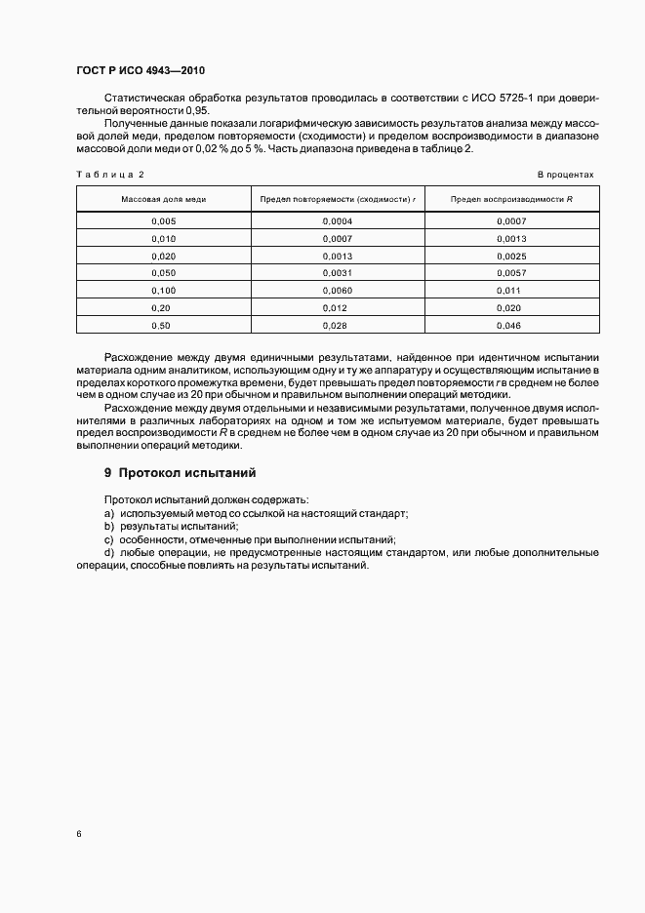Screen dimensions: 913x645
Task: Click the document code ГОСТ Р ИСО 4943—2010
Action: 141,71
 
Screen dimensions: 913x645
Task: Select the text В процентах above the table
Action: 566,175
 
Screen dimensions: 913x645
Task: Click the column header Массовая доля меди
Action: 163,199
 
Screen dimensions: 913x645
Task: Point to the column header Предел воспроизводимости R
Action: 510,199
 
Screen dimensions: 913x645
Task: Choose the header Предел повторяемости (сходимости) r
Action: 337,199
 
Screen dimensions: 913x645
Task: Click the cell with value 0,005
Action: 163,221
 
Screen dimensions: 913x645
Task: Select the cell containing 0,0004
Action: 337,221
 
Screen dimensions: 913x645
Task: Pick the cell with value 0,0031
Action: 337,273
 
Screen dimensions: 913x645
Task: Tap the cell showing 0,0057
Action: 510,273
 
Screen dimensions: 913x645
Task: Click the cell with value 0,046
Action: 510,325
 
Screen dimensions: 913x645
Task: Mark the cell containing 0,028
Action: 337,325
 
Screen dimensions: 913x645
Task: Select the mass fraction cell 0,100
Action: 163,291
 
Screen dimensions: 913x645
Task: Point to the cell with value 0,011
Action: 510,291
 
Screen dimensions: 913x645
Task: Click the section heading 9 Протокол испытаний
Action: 180,473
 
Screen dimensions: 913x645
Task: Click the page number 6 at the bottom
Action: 78,834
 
